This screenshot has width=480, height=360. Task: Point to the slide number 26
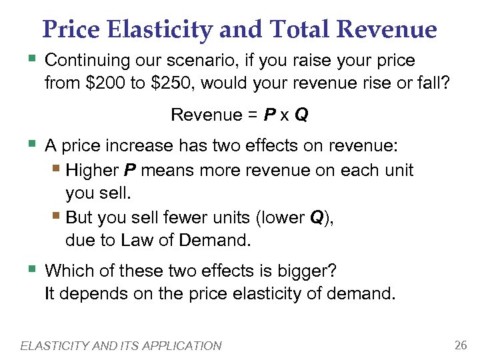(x=459, y=345)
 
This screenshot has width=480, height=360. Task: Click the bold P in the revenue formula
(x=269, y=115)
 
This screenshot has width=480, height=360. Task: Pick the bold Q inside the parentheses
(x=317, y=217)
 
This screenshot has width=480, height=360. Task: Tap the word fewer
(x=176, y=217)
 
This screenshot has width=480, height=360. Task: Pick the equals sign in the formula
(x=251, y=115)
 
